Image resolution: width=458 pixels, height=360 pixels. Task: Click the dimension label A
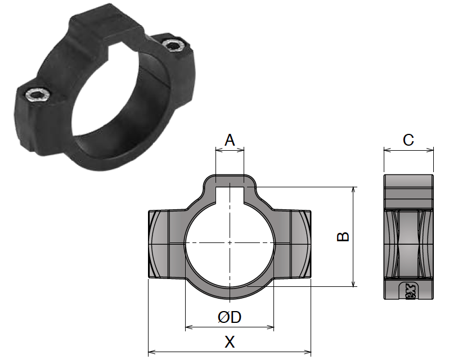tap(230, 140)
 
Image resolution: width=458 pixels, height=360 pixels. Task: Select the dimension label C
tap(408, 140)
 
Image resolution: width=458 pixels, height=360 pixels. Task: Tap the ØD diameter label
tap(230, 317)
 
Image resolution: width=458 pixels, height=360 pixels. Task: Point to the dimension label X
tap(229, 342)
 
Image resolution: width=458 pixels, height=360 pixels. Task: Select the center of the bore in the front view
tap(230, 242)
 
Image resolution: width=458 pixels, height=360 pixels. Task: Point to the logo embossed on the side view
tap(409, 291)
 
